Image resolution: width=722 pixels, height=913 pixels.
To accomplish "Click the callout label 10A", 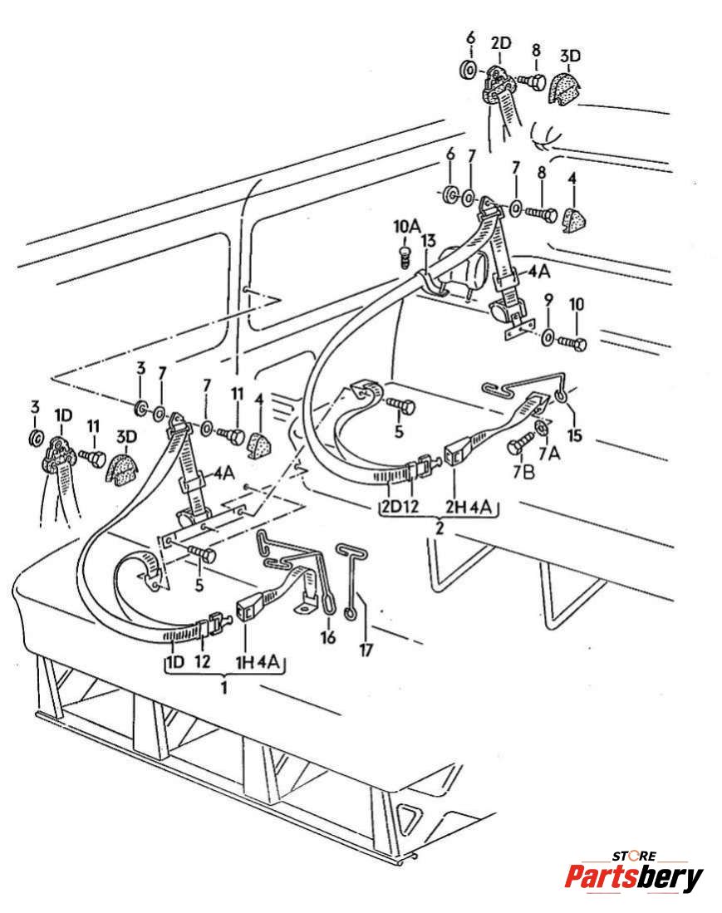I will point(406,226).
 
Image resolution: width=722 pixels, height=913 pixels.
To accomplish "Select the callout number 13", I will point(428,241).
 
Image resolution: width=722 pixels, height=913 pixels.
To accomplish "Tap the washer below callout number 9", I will point(548,338).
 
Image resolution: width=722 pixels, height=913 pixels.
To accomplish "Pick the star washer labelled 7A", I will point(540,426).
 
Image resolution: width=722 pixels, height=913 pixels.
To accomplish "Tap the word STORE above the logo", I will point(634,856).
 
